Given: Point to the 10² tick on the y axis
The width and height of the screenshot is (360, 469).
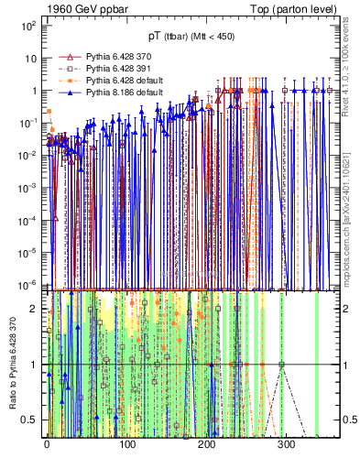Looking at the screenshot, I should pyautogui.click(x=28, y=27).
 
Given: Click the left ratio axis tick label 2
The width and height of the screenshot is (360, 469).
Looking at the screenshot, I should pyautogui.click(x=34, y=309).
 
